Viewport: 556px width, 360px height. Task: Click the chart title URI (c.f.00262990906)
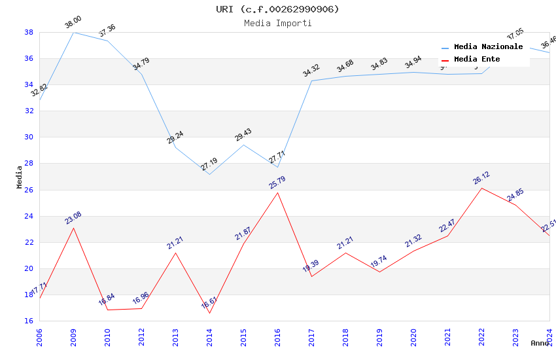(x=278, y=9)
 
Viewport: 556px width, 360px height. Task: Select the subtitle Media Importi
(x=278, y=23)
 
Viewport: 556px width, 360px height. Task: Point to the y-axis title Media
(x=19, y=177)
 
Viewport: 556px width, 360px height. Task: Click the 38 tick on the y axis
(x=29, y=32)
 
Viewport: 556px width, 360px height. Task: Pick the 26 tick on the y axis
(x=29, y=190)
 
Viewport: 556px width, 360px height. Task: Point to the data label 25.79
(x=277, y=183)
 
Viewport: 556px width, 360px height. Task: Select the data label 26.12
(x=481, y=178)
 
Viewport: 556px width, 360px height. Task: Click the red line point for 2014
(x=209, y=313)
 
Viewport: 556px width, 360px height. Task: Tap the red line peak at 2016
(x=277, y=192)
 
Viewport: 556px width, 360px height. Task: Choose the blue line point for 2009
(x=73, y=32)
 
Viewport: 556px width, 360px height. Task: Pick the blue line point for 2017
(x=311, y=81)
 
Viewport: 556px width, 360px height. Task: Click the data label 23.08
(x=73, y=218)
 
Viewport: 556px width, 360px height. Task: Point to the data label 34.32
(x=311, y=71)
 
